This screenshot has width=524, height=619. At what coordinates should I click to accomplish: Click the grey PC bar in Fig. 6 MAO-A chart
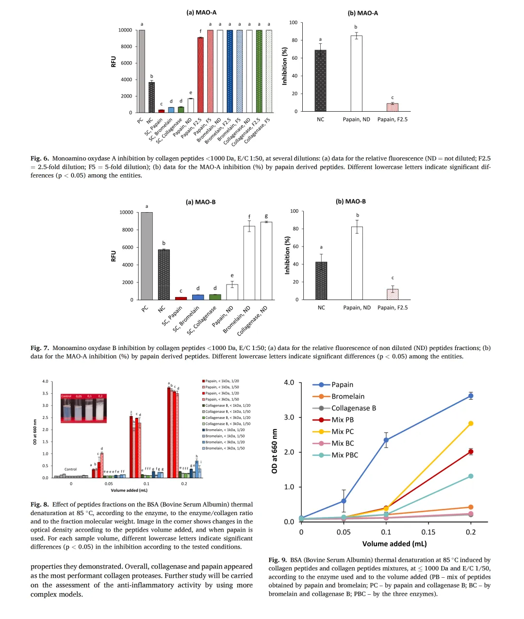142,71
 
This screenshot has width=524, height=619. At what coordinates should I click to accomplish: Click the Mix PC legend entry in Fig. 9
343,432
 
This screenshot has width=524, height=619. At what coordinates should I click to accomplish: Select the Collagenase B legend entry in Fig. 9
353,408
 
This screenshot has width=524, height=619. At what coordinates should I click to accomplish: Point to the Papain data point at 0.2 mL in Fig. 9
471,396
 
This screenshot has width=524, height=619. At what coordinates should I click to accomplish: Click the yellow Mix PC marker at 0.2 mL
471,424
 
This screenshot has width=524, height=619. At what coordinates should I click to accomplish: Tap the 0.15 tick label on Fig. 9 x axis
428,532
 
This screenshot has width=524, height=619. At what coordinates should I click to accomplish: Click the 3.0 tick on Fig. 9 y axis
289,418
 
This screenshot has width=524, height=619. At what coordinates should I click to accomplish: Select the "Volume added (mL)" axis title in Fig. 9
394,544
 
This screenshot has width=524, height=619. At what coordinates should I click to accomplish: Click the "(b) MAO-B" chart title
351,201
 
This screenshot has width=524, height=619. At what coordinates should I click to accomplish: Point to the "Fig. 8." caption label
39,504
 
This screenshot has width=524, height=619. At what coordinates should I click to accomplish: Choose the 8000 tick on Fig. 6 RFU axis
126,47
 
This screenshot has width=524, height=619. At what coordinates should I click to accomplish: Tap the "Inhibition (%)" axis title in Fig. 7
287,255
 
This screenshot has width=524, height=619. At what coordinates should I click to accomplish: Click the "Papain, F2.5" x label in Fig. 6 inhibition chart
393,119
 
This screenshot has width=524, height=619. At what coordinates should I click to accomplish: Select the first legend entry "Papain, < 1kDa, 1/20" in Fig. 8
222,381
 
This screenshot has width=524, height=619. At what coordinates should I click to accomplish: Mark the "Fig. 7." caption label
39,348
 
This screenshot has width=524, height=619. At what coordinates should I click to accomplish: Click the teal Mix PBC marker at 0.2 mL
471,476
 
